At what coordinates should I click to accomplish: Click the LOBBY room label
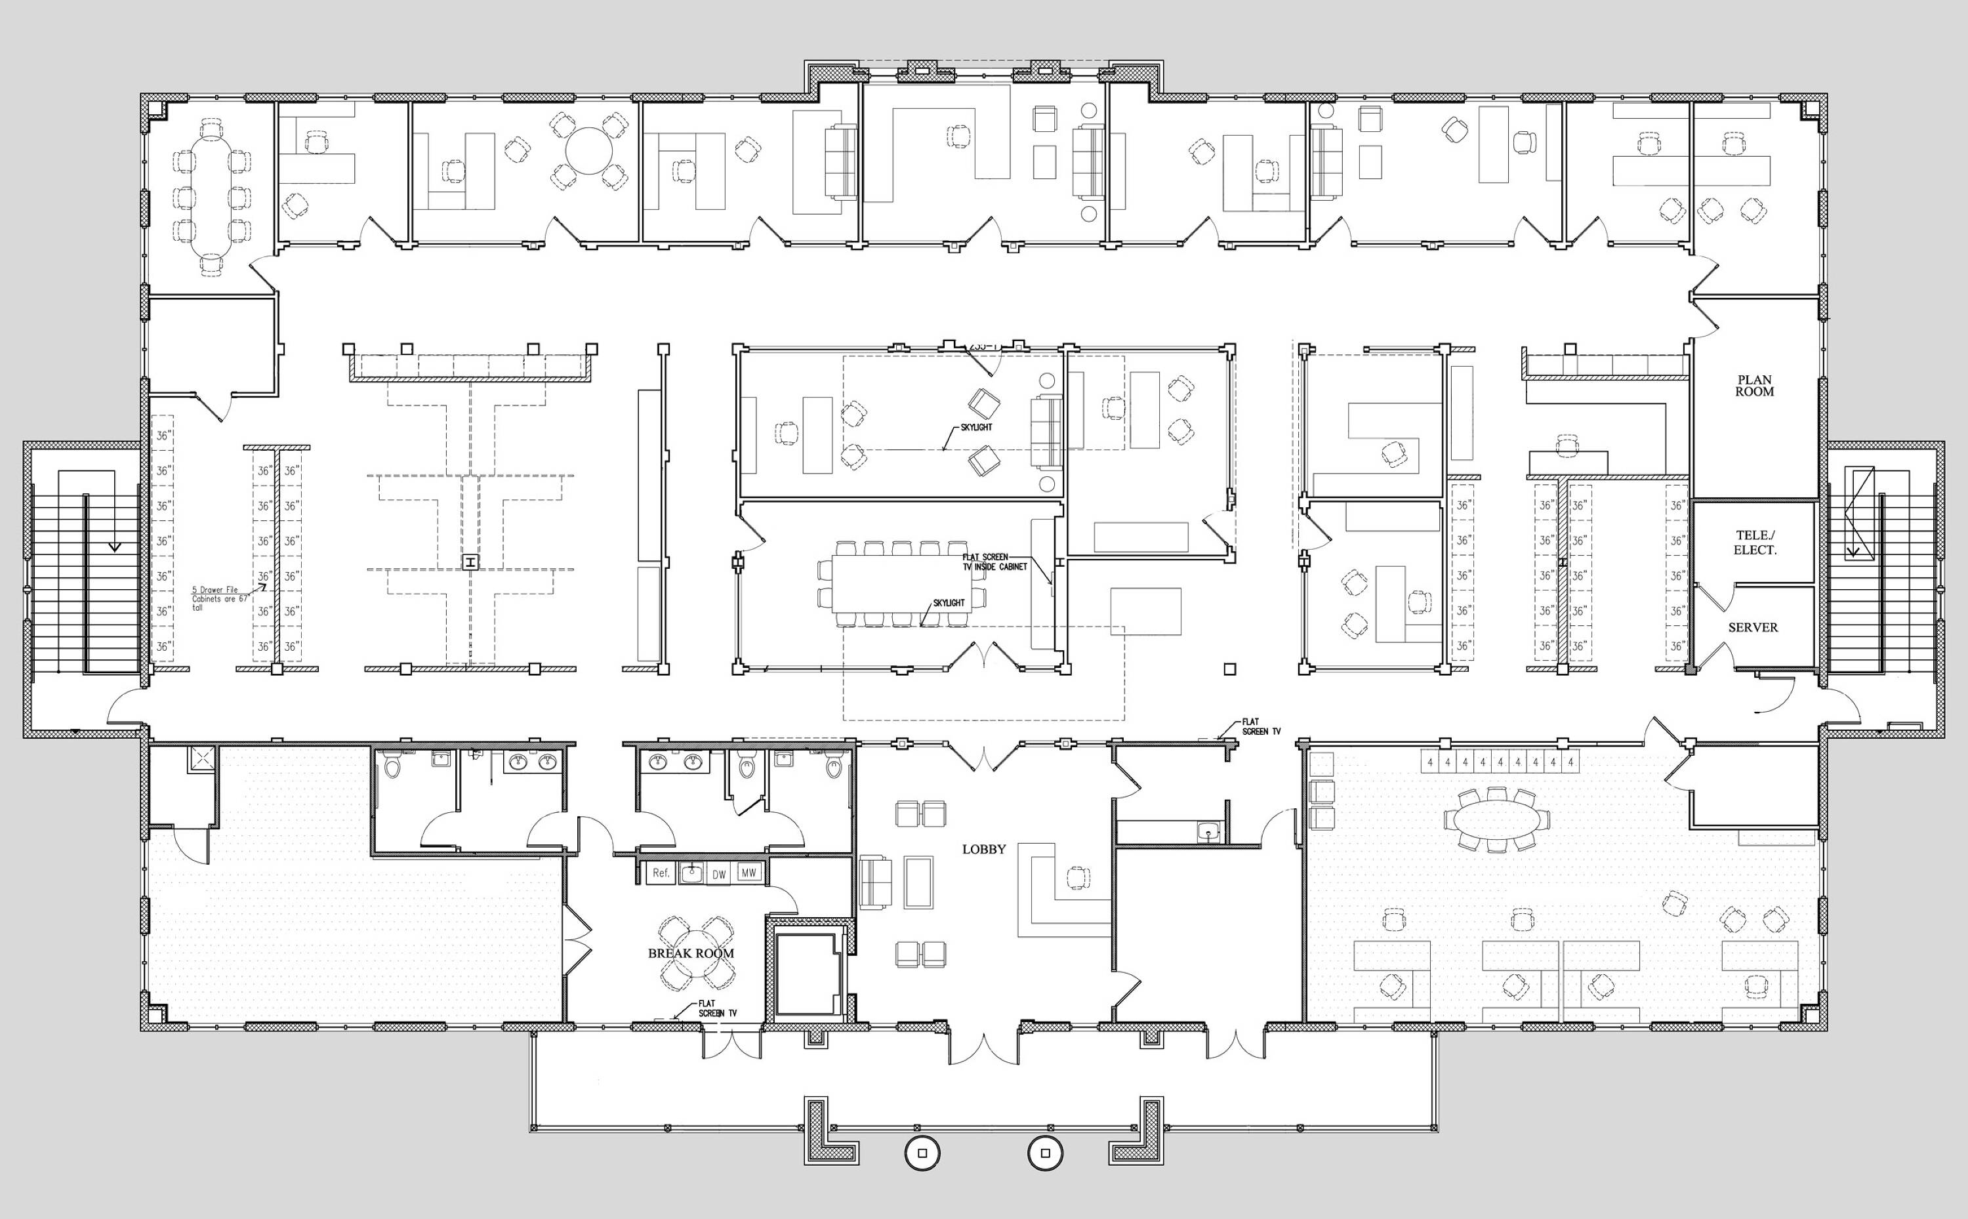click(983, 849)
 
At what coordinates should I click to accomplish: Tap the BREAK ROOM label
click(691, 953)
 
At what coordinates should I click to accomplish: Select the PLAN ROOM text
click(1754, 385)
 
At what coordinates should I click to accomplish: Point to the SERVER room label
click(1752, 627)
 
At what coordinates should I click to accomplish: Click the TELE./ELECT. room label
click(1754, 543)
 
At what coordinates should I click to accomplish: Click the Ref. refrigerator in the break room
click(661, 873)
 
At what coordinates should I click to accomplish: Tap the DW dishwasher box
click(718, 874)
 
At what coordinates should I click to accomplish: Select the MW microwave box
click(748, 873)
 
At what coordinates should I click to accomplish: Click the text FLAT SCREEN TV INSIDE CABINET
click(994, 562)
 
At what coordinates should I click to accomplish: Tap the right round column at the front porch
click(1045, 1153)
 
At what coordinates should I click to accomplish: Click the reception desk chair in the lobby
click(1076, 877)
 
